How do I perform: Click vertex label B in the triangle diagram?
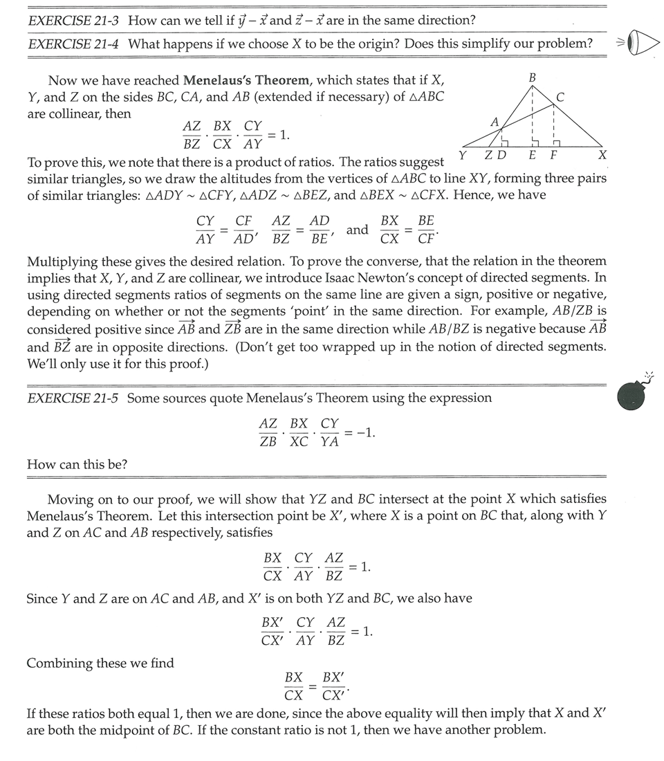pos(533,77)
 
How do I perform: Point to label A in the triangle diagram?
pos(494,122)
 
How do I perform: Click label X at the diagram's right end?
pos(602,155)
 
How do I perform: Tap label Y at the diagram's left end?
pos(462,155)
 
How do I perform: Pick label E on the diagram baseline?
pos(533,155)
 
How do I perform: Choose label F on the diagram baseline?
pos(553,155)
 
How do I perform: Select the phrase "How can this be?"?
pos(77,465)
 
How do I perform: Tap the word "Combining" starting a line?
pos(59,663)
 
